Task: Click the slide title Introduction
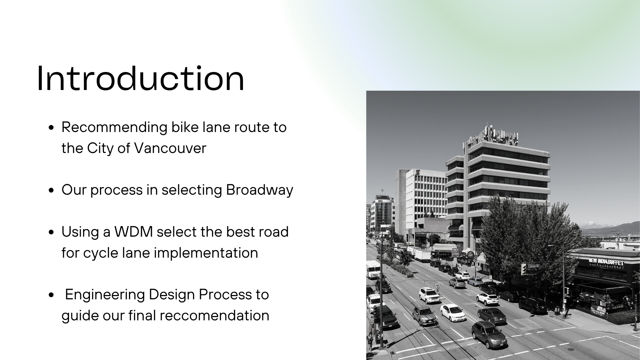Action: point(140,79)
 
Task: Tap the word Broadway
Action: point(259,190)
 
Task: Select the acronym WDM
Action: point(133,232)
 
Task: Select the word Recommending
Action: point(114,127)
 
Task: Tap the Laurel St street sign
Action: point(534,266)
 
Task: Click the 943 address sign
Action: point(455,251)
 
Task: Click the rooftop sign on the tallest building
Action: point(493,135)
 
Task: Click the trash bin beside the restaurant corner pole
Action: point(557,309)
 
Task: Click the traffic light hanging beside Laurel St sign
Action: point(524,269)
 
